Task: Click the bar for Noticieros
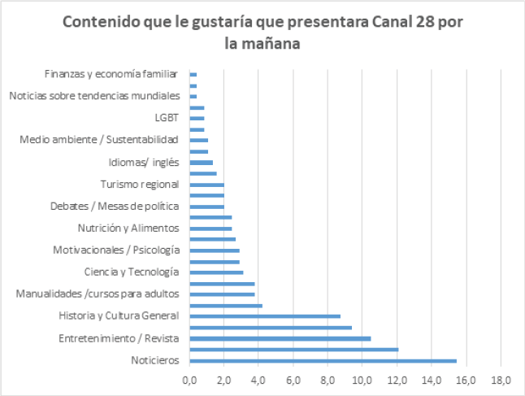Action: coord(323,361)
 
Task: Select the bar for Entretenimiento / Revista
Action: coord(280,338)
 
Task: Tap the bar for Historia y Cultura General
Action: coord(265,316)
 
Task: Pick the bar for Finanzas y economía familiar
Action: coord(193,74)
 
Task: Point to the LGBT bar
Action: coord(197,118)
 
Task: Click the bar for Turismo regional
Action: coord(206,185)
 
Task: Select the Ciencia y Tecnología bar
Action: coord(216,272)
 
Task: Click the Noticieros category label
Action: coord(154,361)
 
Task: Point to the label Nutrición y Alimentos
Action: coord(128,228)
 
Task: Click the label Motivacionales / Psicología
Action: coord(116,250)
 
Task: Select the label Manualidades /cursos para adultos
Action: coord(102,294)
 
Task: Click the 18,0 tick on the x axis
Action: coord(501,381)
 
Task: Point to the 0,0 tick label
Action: coord(189,381)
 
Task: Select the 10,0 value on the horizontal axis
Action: coord(362,381)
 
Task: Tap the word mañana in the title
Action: coord(273,44)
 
